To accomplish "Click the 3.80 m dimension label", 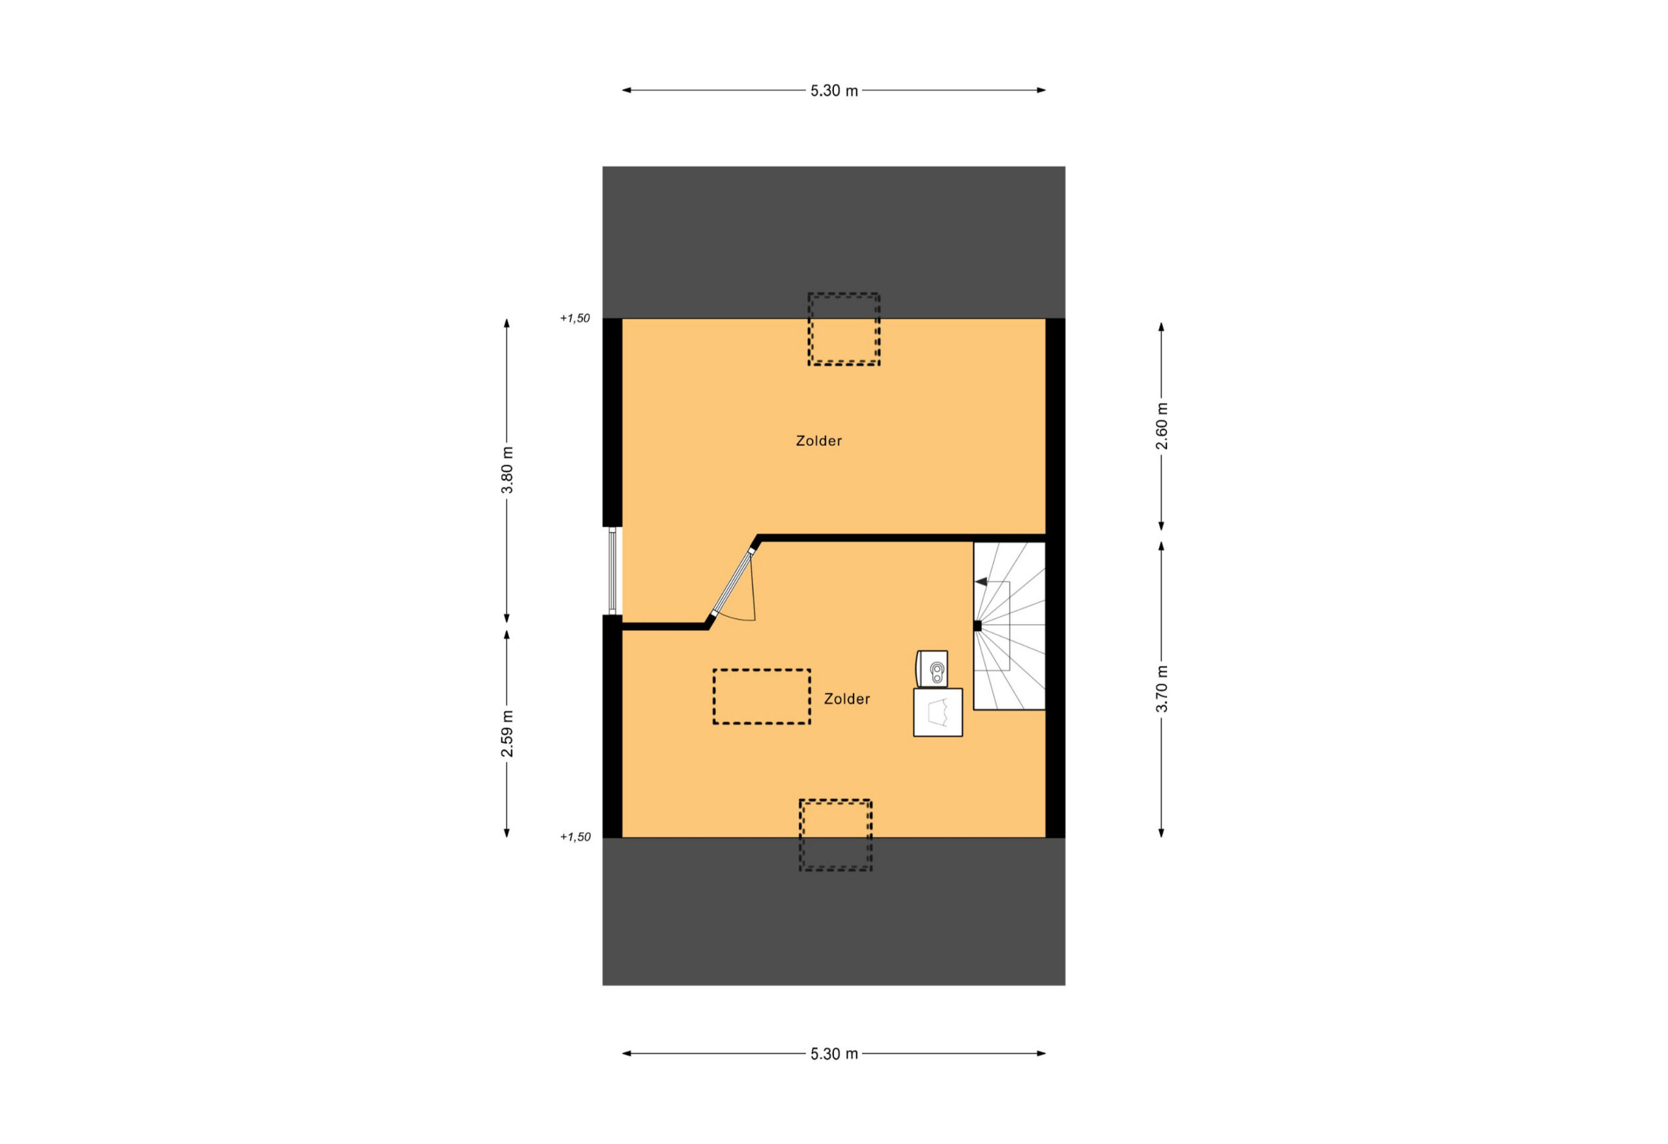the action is pyautogui.click(x=508, y=471).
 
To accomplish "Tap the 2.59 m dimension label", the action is pyautogui.click(x=508, y=733).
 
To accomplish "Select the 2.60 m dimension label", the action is pyautogui.click(x=1161, y=426).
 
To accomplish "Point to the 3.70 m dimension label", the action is pyautogui.click(x=1161, y=690).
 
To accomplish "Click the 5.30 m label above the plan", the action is pyautogui.click(x=834, y=91).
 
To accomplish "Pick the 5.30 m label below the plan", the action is pyautogui.click(x=834, y=1054).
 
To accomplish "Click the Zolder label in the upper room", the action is pyautogui.click(x=818, y=441).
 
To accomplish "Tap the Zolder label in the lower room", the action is pyautogui.click(x=847, y=699).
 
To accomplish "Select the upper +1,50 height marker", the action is pyautogui.click(x=575, y=318).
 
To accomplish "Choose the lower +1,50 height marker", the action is pyautogui.click(x=575, y=836).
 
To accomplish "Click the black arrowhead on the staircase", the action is pyautogui.click(x=981, y=581).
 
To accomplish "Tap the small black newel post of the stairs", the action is pyautogui.click(x=977, y=626).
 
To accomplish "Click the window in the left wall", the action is pyautogui.click(x=612, y=572).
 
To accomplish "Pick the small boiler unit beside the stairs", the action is pyautogui.click(x=932, y=669).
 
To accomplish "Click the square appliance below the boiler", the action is pyautogui.click(x=938, y=712).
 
